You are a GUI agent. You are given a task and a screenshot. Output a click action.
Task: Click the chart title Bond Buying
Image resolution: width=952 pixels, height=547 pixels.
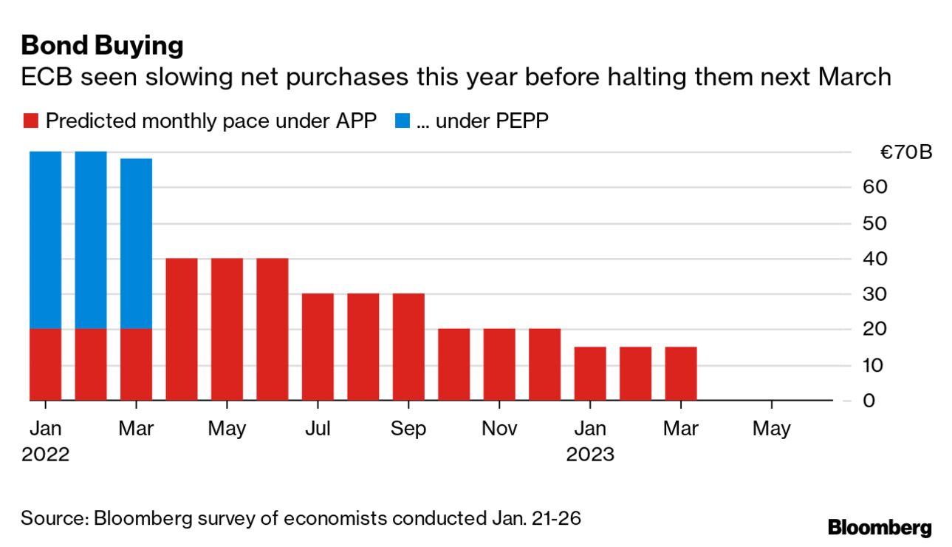[102, 46]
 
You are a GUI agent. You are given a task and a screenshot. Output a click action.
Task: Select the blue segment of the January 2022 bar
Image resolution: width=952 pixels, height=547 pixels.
[45, 239]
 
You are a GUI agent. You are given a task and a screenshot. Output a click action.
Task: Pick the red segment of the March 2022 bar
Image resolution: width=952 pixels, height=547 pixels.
[136, 364]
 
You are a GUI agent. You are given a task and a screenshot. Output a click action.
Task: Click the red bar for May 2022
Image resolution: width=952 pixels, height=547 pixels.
[227, 329]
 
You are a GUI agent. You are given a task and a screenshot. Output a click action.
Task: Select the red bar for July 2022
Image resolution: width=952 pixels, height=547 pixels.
[318, 347]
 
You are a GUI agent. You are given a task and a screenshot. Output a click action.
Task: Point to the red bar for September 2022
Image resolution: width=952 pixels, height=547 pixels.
[408, 347]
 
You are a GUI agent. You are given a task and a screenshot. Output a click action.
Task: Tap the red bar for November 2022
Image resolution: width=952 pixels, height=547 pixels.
[499, 364]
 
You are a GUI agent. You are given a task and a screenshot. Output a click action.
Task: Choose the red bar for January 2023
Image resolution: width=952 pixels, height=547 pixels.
[590, 373]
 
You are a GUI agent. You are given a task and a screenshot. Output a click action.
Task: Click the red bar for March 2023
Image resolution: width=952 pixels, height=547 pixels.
[681, 373]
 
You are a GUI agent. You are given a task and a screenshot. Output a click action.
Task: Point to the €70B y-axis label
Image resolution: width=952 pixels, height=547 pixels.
[905, 153]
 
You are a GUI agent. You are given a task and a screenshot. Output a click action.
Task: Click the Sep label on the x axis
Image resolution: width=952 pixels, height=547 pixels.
[408, 429]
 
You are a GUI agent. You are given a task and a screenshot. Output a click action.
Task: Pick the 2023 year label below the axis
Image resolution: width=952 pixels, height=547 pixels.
[590, 454]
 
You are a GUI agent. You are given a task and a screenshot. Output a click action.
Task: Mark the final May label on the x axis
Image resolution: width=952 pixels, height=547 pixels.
[772, 429]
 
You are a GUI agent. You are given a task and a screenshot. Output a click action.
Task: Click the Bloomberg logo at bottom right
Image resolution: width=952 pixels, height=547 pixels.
[879, 528]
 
